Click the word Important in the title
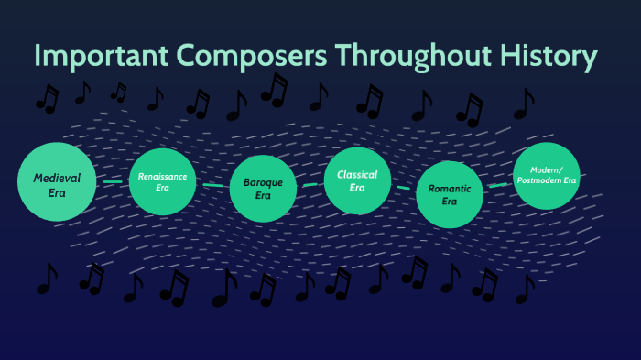pyautogui.click(x=102, y=56)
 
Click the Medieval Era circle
pyautogui.click(x=57, y=181)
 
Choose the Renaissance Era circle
pyautogui.click(x=163, y=181)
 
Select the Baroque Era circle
pyautogui.click(x=263, y=189)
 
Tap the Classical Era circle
pyautogui.click(x=357, y=180)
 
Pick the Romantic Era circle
pyautogui.click(x=450, y=194)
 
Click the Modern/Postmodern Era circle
pyautogui.click(x=547, y=176)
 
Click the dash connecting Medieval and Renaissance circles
pyautogui.click(x=112, y=181)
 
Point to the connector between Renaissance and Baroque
pyautogui.click(x=212, y=185)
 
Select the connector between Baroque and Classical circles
pyautogui.click(x=310, y=184)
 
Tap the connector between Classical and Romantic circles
pyautogui.click(x=404, y=188)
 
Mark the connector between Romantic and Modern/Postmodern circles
pyautogui.click(x=498, y=185)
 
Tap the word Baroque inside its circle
pyautogui.click(x=263, y=182)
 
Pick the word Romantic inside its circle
pyautogui.click(x=450, y=189)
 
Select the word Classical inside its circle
pyautogui.click(x=357, y=174)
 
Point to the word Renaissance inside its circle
pyautogui.click(x=163, y=177)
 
